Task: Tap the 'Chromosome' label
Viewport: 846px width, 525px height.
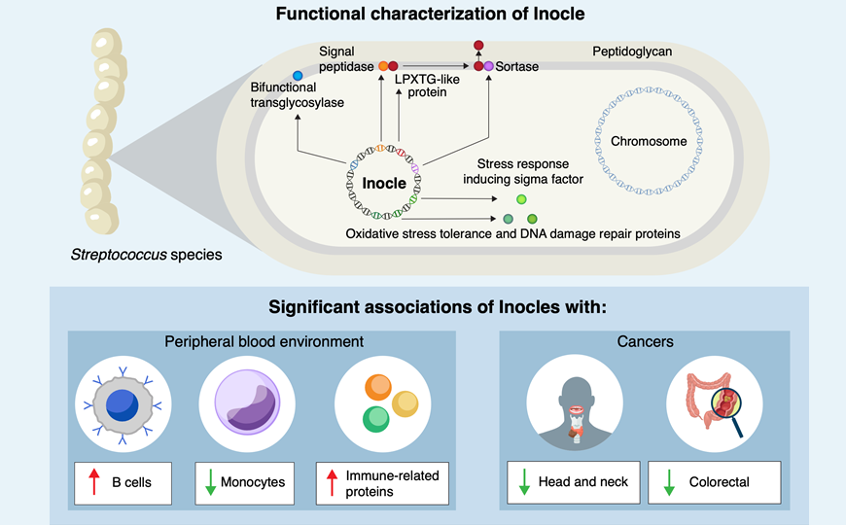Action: [x=649, y=142]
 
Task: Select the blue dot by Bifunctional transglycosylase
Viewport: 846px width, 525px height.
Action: [x=299, y=76]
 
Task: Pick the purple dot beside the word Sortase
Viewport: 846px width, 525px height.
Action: [x=489, y=66]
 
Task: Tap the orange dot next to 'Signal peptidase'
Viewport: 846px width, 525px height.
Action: [x=383, y=66]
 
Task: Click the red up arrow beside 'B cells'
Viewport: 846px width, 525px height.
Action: [x=94, y=481]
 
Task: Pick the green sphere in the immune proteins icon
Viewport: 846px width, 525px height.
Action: [x=376, y=419]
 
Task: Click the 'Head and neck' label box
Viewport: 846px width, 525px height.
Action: [x=574, y=481]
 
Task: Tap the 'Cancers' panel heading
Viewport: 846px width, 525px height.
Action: [x=645, y=342]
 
